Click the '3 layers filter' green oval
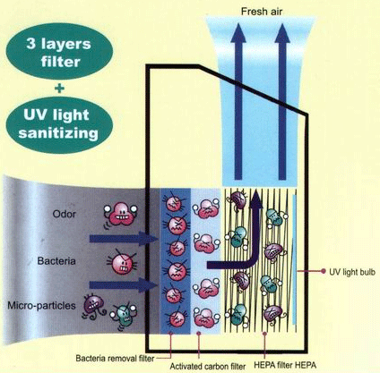click(x=59, y=53)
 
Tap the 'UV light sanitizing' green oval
click(x=59, y=123)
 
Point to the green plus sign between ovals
click(x=60, y=88)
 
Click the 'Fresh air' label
click(x=262, y=12)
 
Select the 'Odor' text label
click(x=64, y=214)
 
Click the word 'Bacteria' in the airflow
click(x=56, y=261)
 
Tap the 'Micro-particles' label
click(x=41, y=306)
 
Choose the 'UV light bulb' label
click(x=352, y=272)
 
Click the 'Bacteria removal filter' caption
click(x=115, y=358)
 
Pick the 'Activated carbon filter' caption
click(x=208, y=366)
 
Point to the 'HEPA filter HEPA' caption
click(x=285, y=365)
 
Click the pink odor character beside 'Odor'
click(x=120, y=214)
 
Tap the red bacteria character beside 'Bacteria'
click(x=122, y=263)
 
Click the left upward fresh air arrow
click(x=238, y=101)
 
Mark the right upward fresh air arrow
click(x=282, y=101)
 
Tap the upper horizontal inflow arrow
click(x=124, y=239)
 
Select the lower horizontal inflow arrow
click(x=124, y=285)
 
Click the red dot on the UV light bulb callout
click(x=323, y=271)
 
